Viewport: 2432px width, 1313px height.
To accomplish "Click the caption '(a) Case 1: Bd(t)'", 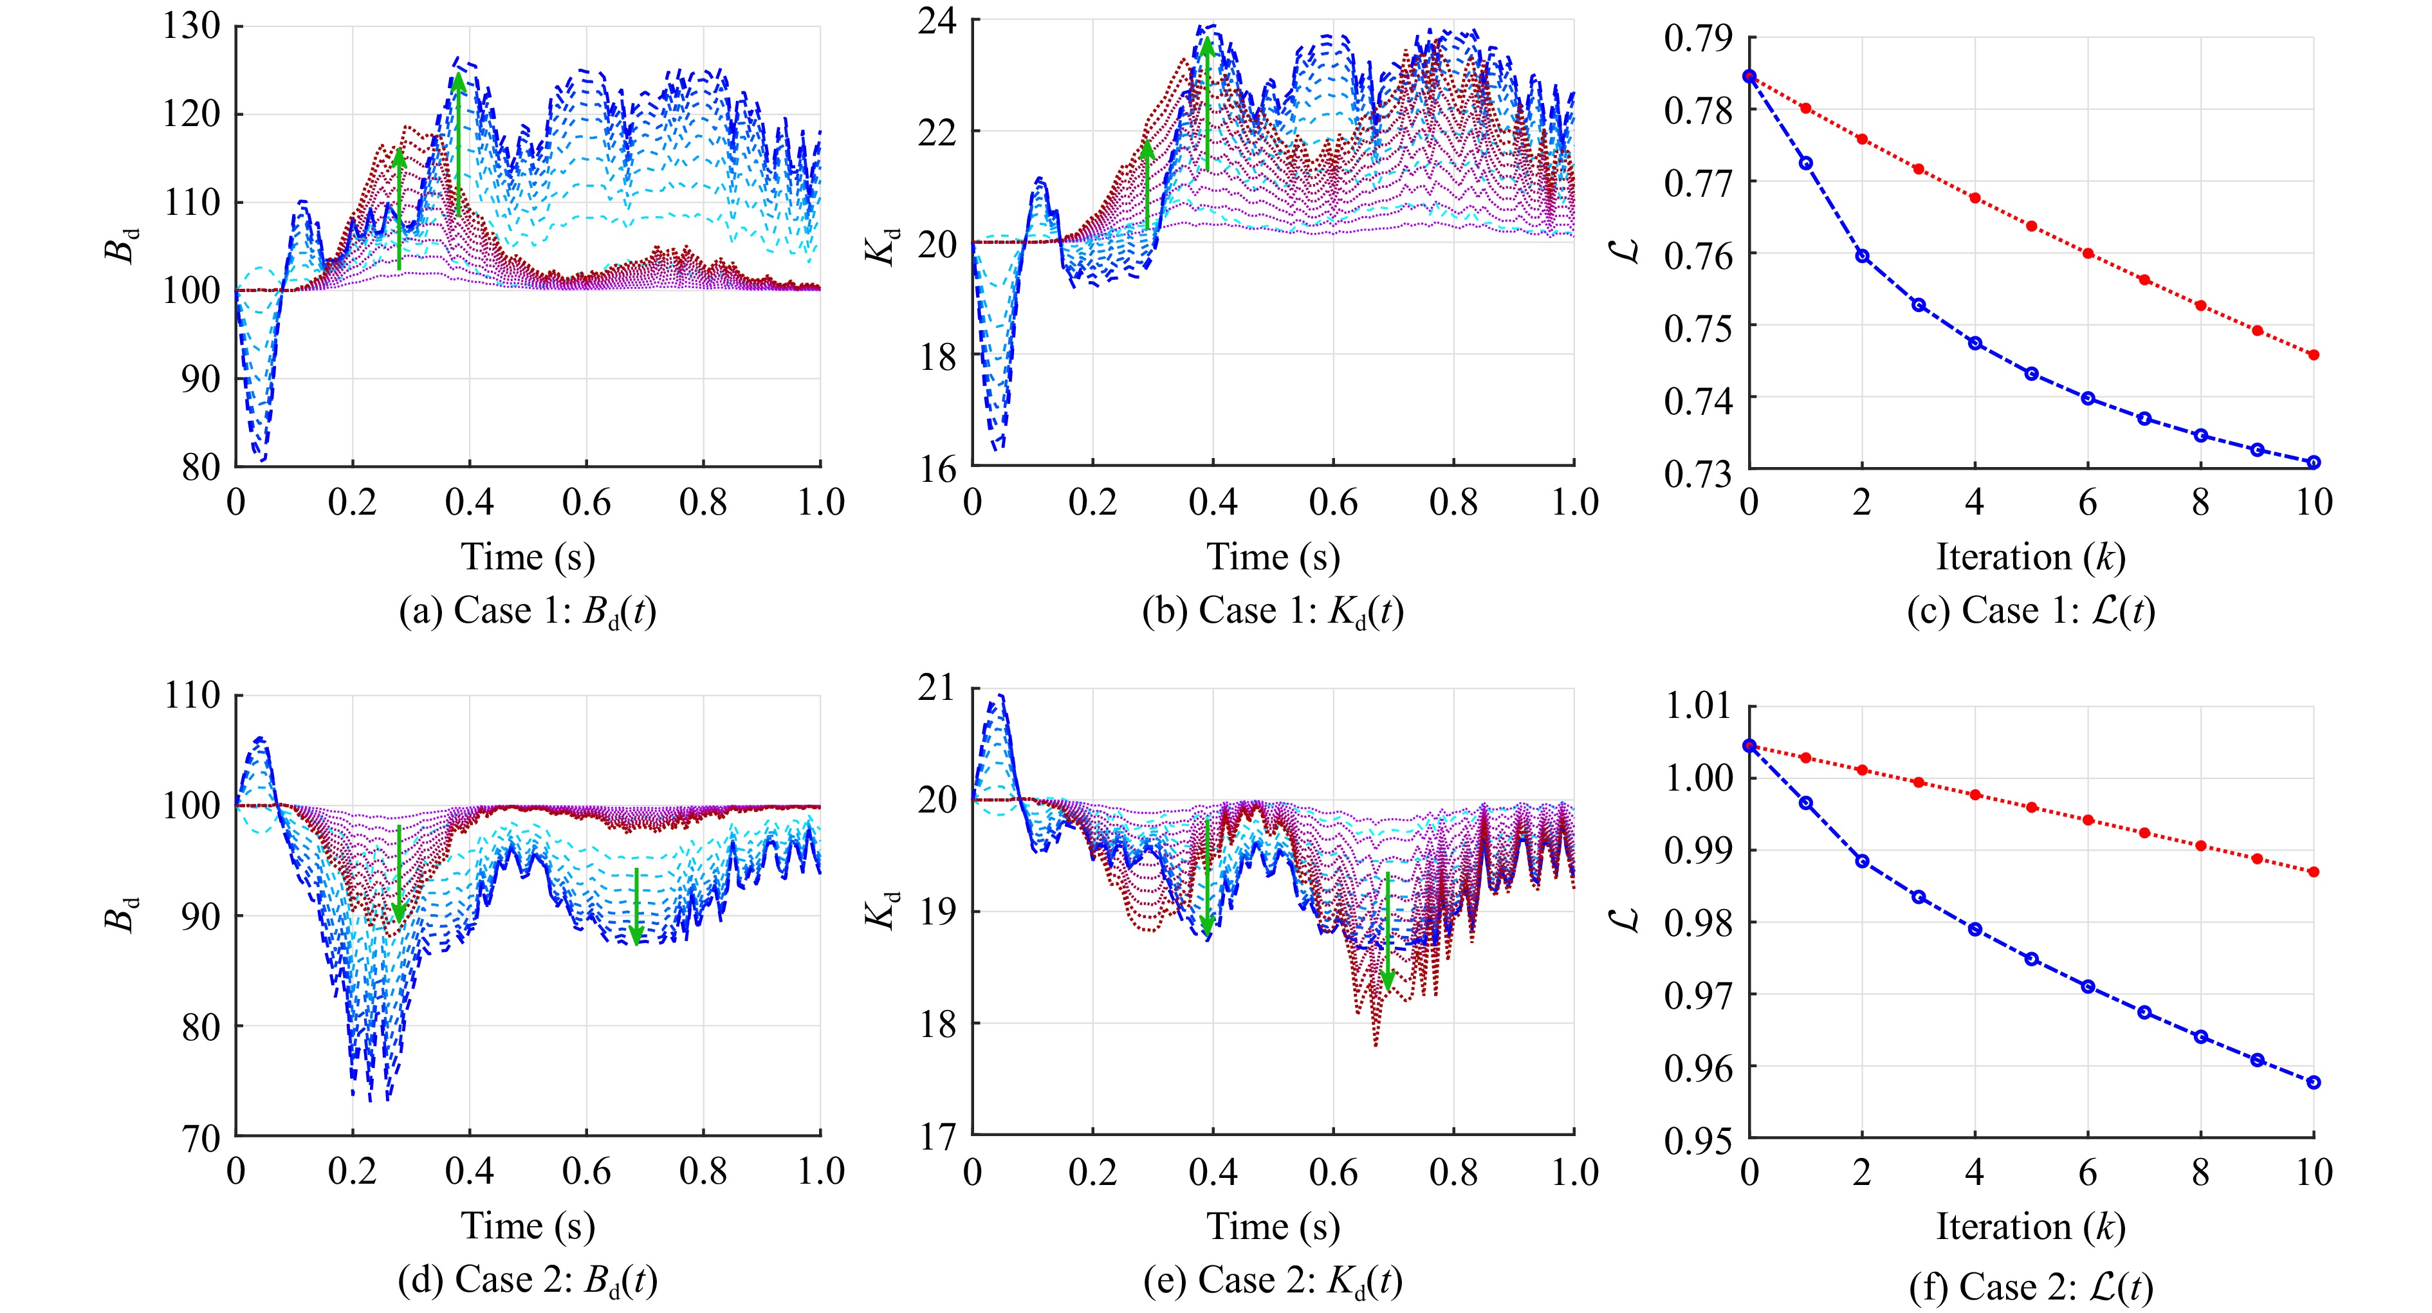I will [x=528, y=612].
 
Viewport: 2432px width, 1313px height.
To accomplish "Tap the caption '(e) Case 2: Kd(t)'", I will [x=1273, y=1281].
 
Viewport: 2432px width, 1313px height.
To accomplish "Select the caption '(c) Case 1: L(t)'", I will [x=2031, y=612].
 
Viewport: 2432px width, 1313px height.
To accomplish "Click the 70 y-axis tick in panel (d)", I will [x=201, y=1137].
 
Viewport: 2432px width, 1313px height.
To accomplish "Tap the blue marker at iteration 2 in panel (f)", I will [x=1862, y=861].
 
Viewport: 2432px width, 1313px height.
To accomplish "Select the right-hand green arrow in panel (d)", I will [x=636, y=906].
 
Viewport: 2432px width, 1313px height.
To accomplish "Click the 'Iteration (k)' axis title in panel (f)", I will [x=2031, y=1226].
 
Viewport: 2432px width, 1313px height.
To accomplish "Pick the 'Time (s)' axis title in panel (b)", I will [x=1273, y=557].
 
